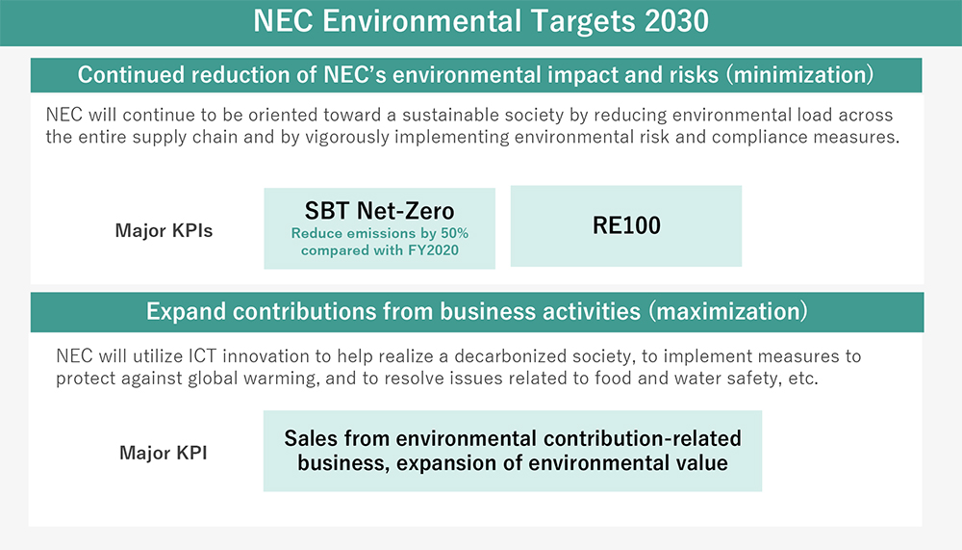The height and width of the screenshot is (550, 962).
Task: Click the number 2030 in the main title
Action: click(x=676, y=21)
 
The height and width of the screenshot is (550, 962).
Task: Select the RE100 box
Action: click(x=626, y=226)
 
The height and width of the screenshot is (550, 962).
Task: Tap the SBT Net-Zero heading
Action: click(x=380, y=211)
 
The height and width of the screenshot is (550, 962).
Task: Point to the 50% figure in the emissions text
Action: click(x=455, y=233)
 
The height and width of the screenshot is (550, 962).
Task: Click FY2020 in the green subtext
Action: click(x=434, y=250)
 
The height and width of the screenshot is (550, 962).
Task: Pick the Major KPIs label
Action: click(x=164, y=230)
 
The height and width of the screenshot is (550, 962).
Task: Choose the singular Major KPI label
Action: click(x=164, y=453)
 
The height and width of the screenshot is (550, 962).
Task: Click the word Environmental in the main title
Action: click(x=422, y=21)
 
